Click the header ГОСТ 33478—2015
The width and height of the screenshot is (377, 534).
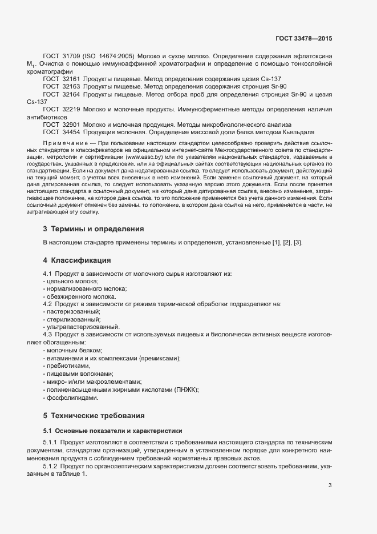tap(303, 39)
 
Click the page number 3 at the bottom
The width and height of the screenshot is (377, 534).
tap(330, 485)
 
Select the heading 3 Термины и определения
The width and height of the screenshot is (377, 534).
tap(93, 228)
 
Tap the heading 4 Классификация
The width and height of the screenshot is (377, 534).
tap(77, 260)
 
